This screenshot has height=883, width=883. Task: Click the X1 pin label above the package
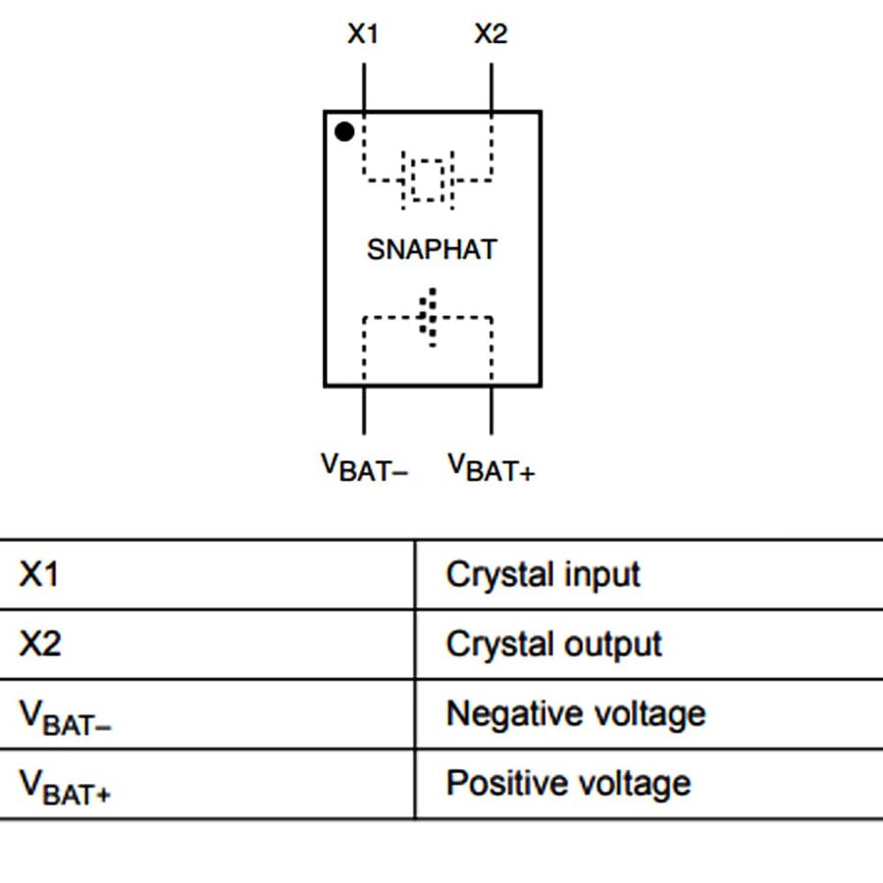click(x=363, y=34)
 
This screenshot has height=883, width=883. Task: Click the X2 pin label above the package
click(x=491, y=34)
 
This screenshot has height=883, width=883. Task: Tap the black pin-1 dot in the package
click(x=344, y=131)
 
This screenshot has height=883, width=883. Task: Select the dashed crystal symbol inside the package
click(x=428, y=180)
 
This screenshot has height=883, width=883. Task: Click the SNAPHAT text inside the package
click(x=432, y=249)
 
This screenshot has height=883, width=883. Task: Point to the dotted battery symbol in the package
click(x=428, y=317)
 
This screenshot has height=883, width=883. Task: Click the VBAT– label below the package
click(x=364, y=467)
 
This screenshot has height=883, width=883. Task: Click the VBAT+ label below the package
click(x=492, y=467)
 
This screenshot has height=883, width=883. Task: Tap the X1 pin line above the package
click(x=364, y=87)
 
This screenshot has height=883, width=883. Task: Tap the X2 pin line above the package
click(x=492, y=87)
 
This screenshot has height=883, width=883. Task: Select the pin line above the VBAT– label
click(x=364, y=410)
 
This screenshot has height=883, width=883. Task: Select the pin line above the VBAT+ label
click(x=492, y=410)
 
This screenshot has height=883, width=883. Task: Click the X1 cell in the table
click(x=39, y=574)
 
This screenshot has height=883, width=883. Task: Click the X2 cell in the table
click(x=39, y=644)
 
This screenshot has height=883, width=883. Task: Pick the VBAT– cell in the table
click(x=65, y=716)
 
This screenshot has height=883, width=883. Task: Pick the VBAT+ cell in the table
click(x=65, y=786)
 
